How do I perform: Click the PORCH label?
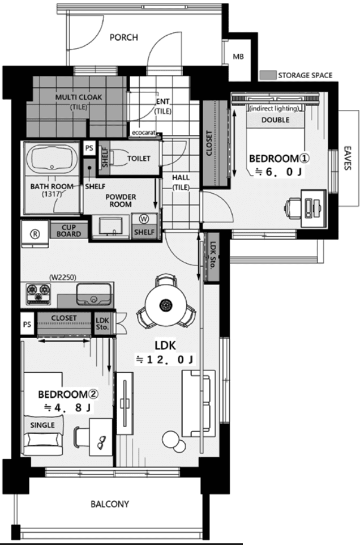coord(123,37)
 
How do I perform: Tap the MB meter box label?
coord(238,56)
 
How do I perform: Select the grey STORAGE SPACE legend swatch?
coord(268,75)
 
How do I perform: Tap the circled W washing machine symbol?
coord(144,219)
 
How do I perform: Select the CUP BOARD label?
coord(68,231)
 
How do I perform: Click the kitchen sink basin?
coord(94,294)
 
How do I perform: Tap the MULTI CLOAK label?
coord(79,97)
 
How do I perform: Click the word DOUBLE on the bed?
coord(275,120)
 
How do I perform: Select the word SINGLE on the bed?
coord(42,425)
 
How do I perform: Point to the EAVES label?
coord(347,158)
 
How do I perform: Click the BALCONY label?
coord(110,504)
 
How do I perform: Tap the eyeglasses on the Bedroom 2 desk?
coord(101,442)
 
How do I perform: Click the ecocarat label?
coord(143,133)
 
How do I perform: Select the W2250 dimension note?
coord(62,277)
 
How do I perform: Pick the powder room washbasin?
coord(110,226)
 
